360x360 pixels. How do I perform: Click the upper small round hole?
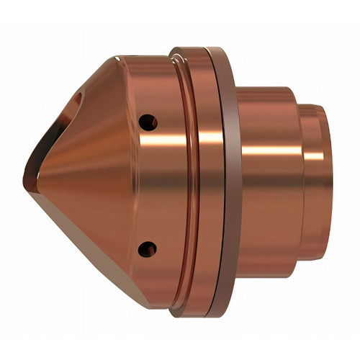click(x=148, y=122)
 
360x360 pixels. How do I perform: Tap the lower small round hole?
click(x=148, y=248)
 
